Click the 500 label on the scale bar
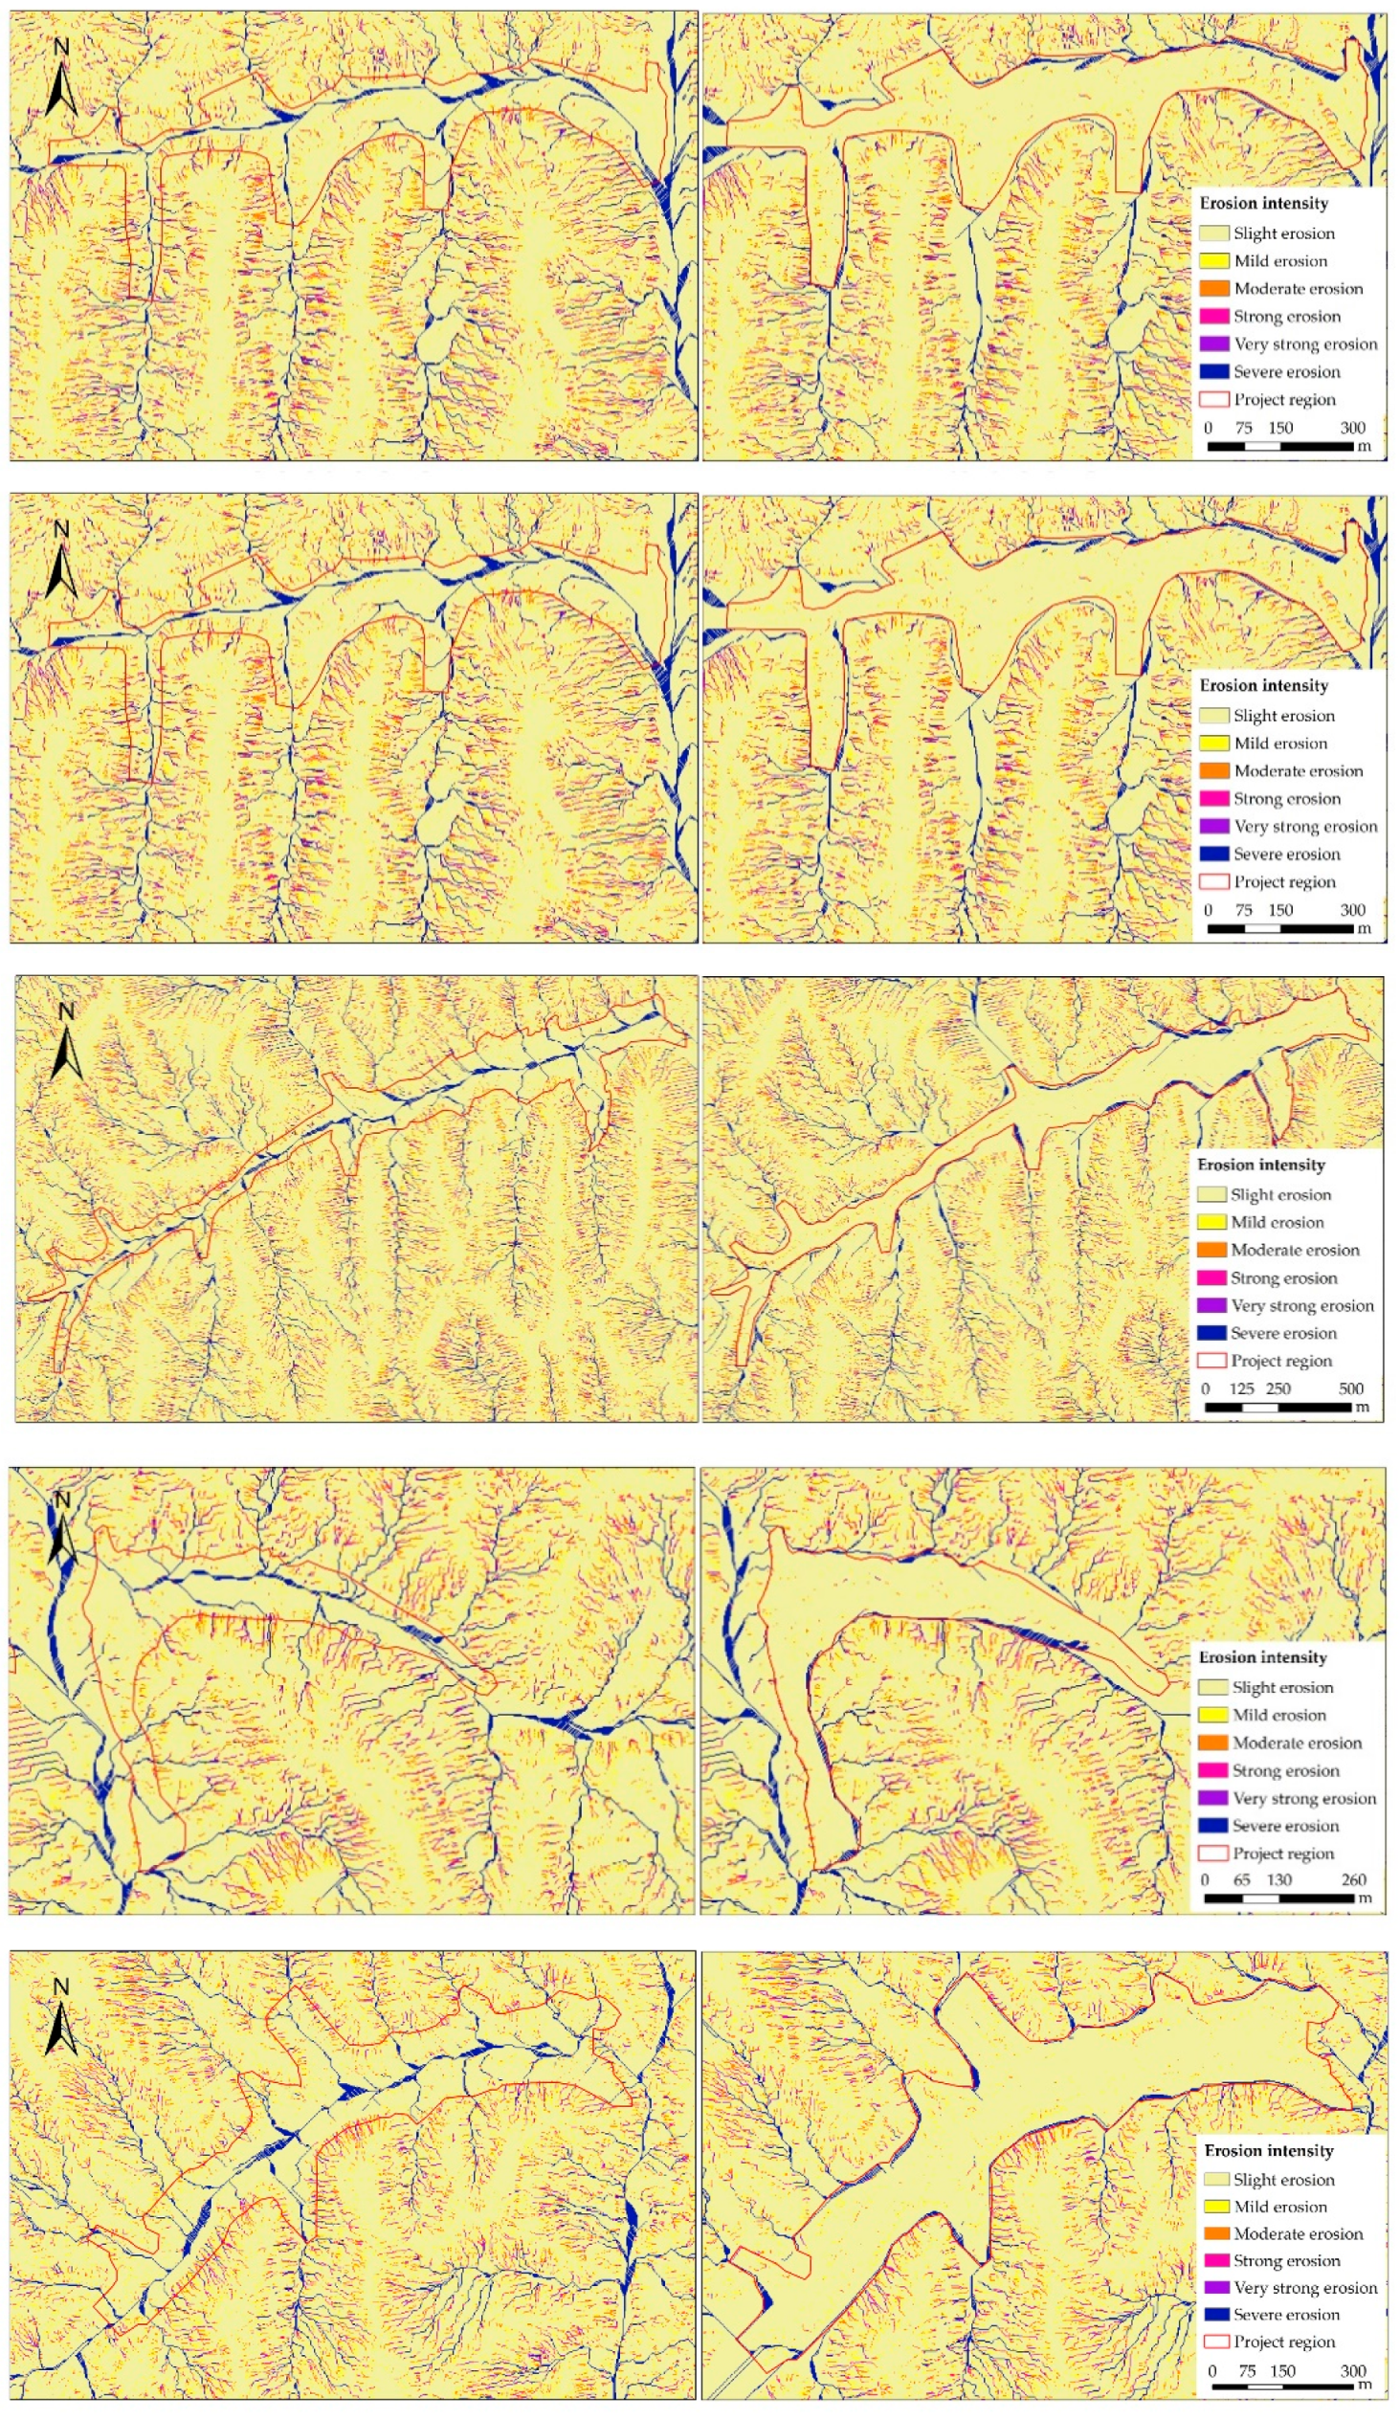click(1350, 1388)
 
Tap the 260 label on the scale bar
click(1353, 1879)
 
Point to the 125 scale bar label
click(1241, 1388)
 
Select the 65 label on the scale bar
click(1241, 1879)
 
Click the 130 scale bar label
click(1279, 1879)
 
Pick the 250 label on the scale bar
click(1278, 1388)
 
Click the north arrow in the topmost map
click(61, 81)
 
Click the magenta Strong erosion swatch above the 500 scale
click(1211, 1277)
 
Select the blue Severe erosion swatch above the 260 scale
click(1212, 1825)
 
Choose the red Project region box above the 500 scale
click(1211, 1360)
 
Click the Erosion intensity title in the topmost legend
click(1264, 203)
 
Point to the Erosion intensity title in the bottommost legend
click(1269, 2149)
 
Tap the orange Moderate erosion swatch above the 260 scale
click(1212, 1742)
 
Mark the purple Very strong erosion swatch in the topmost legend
click(1213, 344)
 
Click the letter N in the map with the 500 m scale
click(66, 1011)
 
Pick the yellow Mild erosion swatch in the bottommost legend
click(1216, 2206)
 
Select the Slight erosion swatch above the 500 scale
click(1211, 1194)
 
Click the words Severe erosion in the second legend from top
click(1287, 854)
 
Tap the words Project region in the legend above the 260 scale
click(1283, 1853)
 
